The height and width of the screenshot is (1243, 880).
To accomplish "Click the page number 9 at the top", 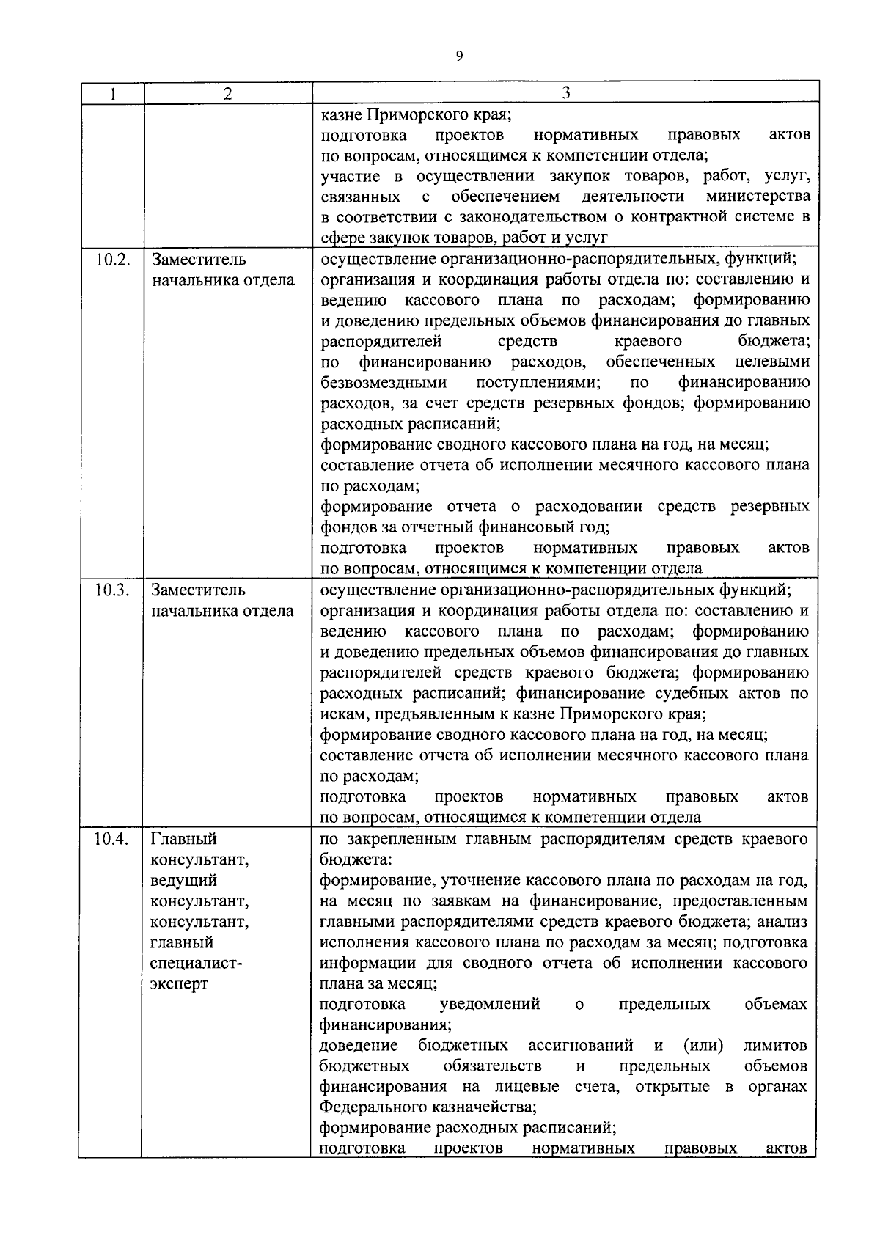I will [459, 56].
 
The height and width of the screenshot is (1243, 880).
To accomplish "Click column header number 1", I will [111, 93].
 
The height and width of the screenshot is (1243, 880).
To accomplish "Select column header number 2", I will [227, 93].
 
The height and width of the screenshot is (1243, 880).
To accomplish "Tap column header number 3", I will [565, 92].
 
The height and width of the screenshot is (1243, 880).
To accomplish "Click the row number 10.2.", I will [111, 260].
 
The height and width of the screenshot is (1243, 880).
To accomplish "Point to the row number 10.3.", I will [111, 590].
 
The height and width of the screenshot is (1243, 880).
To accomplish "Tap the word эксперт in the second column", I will [179, 984].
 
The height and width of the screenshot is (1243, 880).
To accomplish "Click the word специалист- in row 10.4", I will [196, 964].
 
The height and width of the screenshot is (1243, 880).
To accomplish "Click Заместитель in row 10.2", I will [199, 260].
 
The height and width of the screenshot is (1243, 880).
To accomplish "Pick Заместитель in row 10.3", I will [199, 590].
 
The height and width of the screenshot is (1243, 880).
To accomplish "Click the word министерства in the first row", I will [758, 197].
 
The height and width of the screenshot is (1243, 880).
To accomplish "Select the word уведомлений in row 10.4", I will [489, 1005].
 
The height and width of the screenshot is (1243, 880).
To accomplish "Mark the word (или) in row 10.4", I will [703, 1046].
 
